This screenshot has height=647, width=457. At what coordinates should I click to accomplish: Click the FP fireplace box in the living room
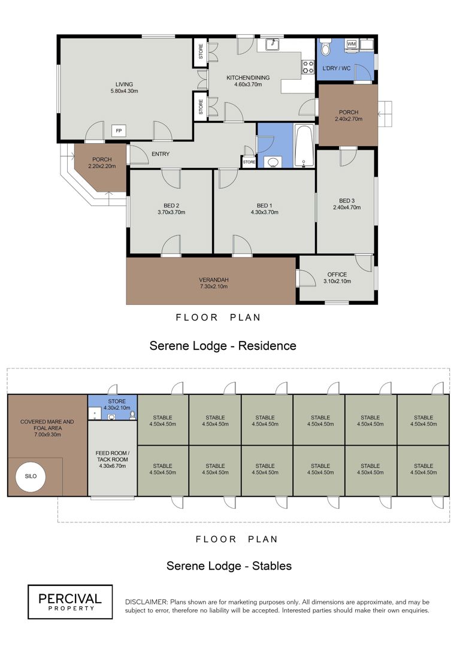click(x=119, y=131)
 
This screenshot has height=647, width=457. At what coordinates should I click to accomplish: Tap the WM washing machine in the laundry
click(x=352, y=44)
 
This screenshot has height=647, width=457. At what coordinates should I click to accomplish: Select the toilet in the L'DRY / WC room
click(x=325, y=48)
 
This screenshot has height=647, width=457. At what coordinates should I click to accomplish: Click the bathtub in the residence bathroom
click(x=304, y=146)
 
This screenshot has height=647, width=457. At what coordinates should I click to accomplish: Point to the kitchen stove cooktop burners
click(x=308, y=67)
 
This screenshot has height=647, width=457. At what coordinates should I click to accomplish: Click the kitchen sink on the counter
click(x=273, y=44)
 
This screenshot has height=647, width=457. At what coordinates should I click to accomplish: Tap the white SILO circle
click(x=31, y=476)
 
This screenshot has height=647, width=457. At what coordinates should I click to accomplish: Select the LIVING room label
click(x=124, y=84)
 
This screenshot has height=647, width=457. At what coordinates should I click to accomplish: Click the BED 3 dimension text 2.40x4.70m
click(x=347, y=207)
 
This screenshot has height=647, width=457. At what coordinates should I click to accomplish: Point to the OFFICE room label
click(x=337, y=274)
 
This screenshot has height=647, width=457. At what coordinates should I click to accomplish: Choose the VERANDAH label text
click(x=214, y=280)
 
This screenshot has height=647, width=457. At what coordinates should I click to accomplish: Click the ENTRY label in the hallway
click(x=161, y=154)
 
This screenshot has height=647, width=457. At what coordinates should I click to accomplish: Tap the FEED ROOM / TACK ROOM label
click(x=113, y=456)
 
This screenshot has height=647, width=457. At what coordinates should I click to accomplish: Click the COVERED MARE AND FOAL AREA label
click(x=47, y=425)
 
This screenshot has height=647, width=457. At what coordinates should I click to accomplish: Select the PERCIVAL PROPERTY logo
click(x=70, y=602)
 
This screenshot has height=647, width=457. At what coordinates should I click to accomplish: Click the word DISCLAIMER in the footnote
click(x=146, y=602)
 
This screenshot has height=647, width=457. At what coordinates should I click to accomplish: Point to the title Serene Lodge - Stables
click(x=229, y=566)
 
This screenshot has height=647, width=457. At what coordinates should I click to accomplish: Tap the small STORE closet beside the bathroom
click(x=249, y=162)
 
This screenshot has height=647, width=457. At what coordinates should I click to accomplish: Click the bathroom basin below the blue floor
click(x=273, y=162)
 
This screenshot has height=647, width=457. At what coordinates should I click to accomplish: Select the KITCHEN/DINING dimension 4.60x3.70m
click(x=248, y=84)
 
